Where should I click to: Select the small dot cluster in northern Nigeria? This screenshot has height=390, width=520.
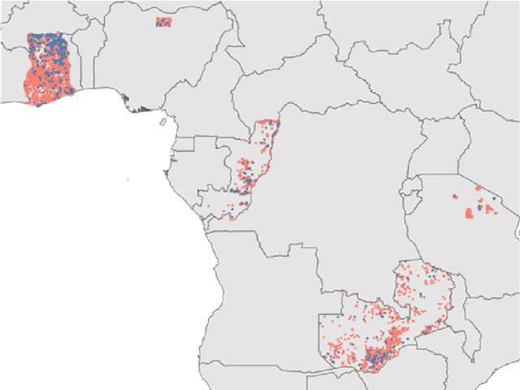163,22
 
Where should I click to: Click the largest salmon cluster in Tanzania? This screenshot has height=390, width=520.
469,213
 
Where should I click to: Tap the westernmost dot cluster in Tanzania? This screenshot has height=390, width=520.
455,197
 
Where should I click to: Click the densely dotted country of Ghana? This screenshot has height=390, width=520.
49,69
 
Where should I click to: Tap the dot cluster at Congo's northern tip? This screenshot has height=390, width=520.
268,127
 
